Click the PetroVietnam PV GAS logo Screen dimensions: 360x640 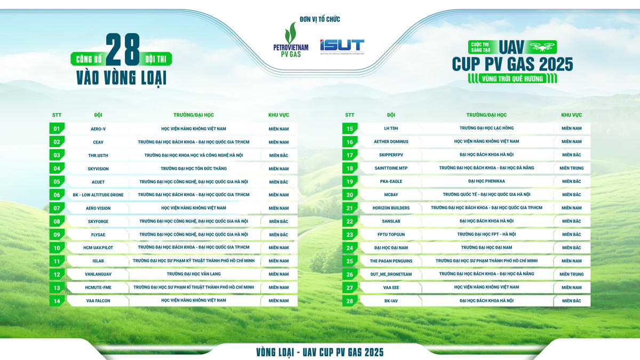coord(291,40)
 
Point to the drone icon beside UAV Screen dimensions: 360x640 coord(542,46)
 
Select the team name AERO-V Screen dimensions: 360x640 coord(98,129)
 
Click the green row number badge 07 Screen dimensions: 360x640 coord(57,208)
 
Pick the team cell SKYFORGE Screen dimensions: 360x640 coord(98,221)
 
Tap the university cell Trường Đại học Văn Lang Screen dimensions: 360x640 coord(194,274)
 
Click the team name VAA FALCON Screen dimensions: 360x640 coord(98,301)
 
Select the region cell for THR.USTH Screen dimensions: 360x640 coord(278,155)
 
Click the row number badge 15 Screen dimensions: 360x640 coord(350,129)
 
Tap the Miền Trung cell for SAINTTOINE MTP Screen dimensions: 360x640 coord(571,168)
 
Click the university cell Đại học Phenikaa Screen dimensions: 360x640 coord(486,181)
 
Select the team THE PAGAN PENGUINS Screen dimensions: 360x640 coord(391,261)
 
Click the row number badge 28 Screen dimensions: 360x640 coord(350,301)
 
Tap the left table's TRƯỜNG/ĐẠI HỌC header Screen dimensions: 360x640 coord(194,115)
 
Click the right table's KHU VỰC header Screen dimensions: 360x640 coord(571,115)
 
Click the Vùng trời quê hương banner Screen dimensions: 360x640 coord(513,79)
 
